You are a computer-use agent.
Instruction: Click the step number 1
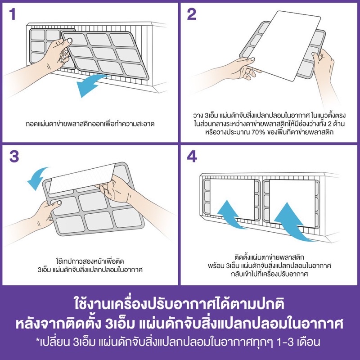pyautogui.click(x=13, y=14)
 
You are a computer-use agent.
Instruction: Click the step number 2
pyautogui.click(x=192, y=14)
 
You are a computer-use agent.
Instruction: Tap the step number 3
pyautogui.click(x=14, y=157)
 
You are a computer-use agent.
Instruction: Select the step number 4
pyautogui.click(x=192, y=157)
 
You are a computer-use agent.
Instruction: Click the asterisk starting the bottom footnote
pyautogui.click(x=38, y=341)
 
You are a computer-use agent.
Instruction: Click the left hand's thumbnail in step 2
pyautogui.click(x=252, y=59)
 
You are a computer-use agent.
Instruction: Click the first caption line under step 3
pyautogui.click(x=90, y=261)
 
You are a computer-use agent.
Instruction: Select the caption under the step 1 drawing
pyautogui.click(x=90, y=124)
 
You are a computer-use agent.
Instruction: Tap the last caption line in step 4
pyautogui.click(x=270, y=274)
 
